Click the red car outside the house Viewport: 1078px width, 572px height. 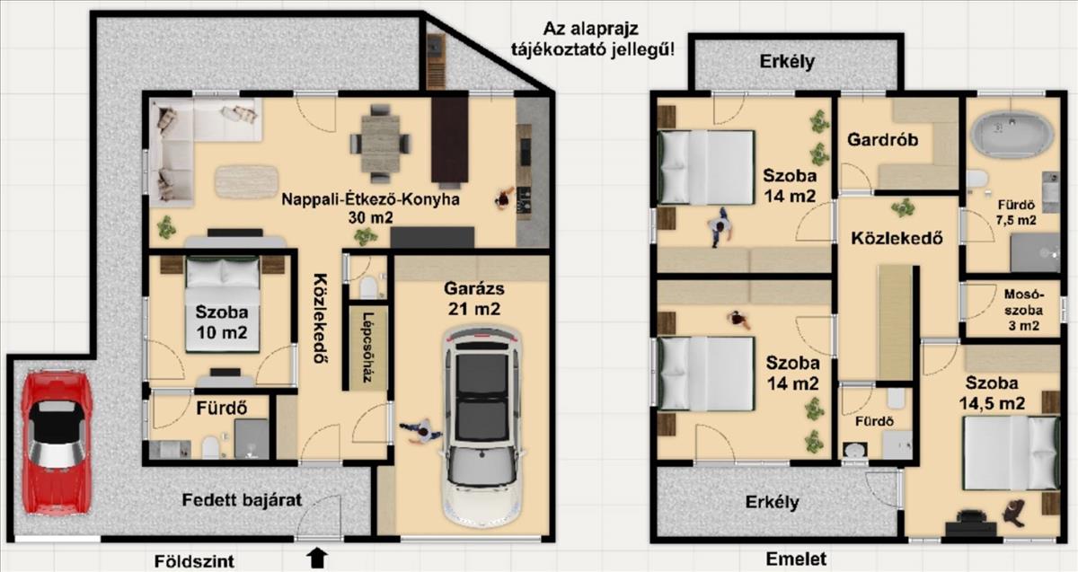pos(57,442)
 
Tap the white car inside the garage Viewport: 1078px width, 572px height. pos(482,426)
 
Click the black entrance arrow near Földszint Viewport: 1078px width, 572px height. pos(317,558)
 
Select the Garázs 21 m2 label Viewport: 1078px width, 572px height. pos(474,299)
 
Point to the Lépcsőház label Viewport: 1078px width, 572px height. pos(368,348)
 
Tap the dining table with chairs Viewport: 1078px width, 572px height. pos(380,144)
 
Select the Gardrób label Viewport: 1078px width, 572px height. pos(882,139)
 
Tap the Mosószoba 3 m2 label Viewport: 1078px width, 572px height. pos(1023,310)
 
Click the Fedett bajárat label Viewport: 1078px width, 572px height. pos(242,500)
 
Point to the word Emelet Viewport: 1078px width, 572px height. pos(796,559)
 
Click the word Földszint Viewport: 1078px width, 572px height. pos(194,561)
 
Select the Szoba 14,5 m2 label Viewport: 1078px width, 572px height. pos(992,393)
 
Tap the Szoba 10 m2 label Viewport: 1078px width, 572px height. pos(221,321)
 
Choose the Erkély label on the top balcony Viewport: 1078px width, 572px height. pos(787,62)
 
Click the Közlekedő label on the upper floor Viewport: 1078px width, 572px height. pos(897,239)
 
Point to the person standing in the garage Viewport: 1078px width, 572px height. pos(421,431)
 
